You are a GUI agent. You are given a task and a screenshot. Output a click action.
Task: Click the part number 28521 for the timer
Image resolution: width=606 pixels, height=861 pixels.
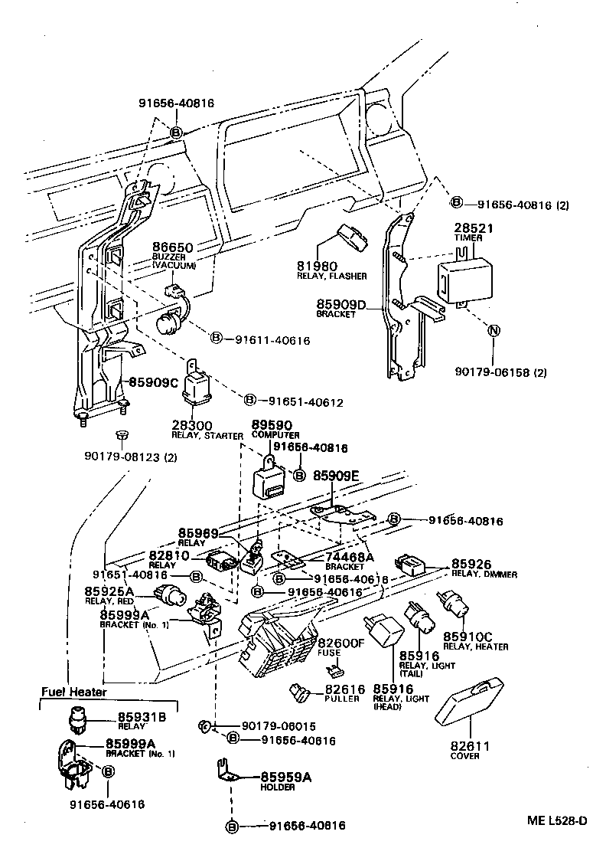click(x=474, y=228)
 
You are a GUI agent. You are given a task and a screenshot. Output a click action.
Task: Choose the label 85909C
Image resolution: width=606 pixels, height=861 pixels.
click(x=153, y=381)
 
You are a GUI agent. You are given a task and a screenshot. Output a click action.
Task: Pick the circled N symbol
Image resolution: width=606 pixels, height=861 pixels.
click(x=494, y=331)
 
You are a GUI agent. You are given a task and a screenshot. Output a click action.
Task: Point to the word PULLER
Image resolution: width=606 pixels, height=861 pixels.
click(x=342, y=699)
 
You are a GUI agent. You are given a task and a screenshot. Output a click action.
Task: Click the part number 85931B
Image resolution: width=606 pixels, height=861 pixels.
click(x=141, y=717)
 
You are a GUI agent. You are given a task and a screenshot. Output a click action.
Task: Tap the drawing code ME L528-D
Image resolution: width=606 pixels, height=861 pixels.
click(x=557, y=821)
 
